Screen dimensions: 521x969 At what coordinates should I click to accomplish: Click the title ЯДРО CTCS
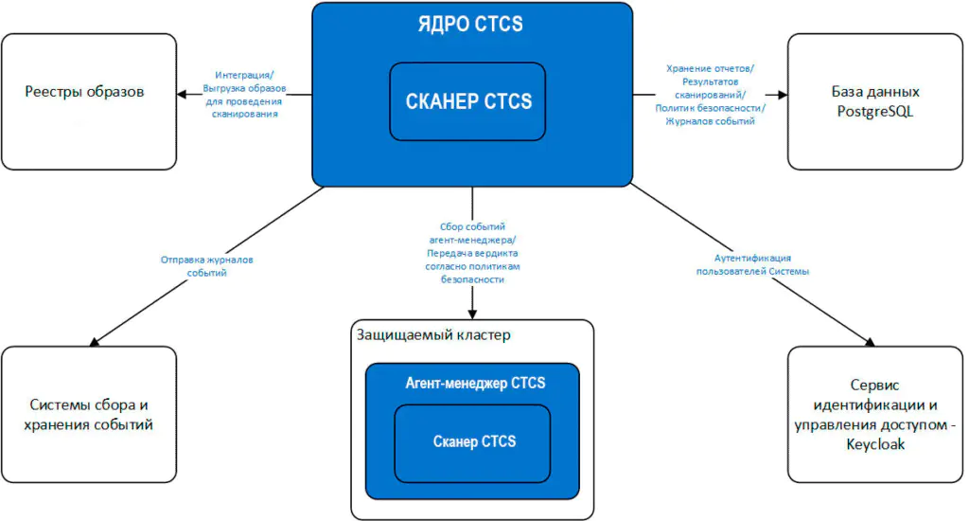tap(470, 24)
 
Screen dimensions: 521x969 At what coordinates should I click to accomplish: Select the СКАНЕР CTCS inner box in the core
tap(467, 100)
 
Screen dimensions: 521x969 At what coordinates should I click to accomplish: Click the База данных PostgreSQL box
tap(875, 101)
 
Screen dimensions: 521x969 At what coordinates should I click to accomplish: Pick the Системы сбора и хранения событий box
tap(88, 415)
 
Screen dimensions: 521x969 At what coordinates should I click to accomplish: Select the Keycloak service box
tap(875, 415)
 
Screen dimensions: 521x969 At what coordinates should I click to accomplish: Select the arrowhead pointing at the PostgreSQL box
tap(781, 94)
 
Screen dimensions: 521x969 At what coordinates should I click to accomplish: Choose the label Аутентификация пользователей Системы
tap(751, 264)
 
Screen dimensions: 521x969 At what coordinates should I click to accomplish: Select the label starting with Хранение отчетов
tap(710, 95)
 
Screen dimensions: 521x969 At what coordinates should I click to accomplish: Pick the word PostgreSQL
tap(875, 111)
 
